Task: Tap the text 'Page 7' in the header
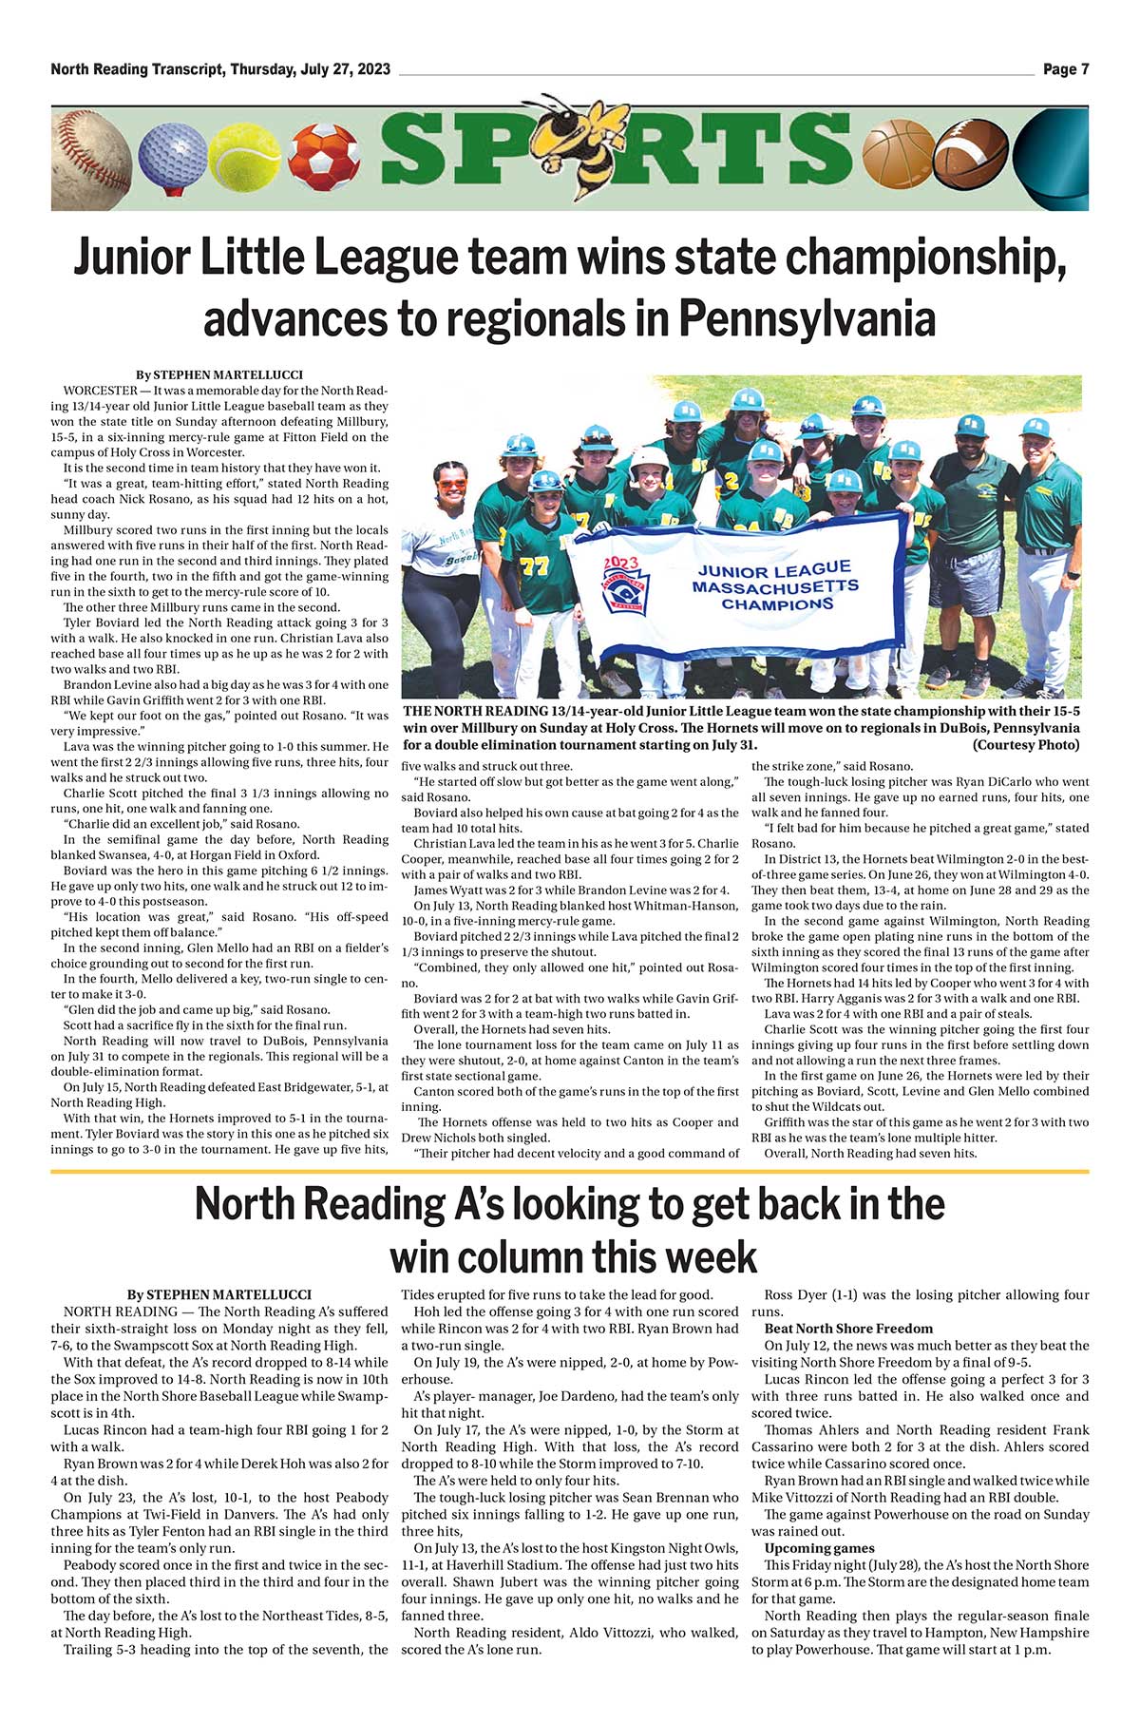[1065, 69]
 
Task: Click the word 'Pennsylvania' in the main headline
[806, 317]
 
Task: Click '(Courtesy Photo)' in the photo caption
[1026, 745]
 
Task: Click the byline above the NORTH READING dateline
[218, 1294]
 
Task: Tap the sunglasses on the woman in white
[452, 484]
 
